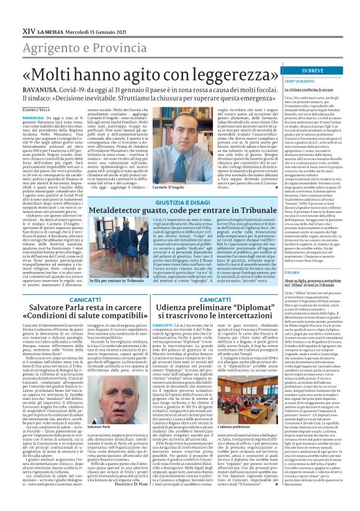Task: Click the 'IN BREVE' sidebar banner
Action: point(329,71)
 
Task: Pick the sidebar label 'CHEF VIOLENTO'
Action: point(315,81)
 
